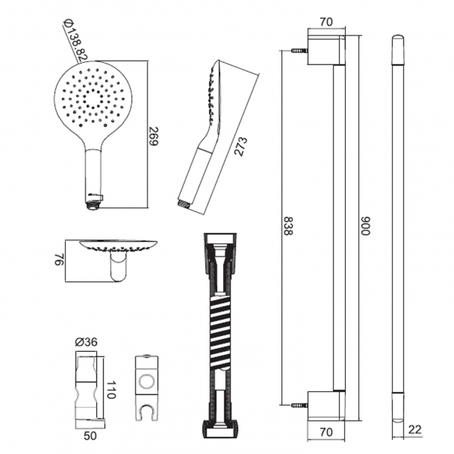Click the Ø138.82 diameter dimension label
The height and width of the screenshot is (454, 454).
[x=75, y=40]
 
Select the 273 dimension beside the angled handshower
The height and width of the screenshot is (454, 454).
[x=241, y=147]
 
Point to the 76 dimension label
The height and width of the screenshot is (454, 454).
[x=59, y=260]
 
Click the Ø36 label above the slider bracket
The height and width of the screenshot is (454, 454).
[x=86, y=342]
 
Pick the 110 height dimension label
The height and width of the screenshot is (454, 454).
[x=111, y=390]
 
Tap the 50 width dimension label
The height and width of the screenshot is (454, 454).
[x=90, y=436]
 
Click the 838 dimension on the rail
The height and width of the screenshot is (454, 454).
[x=288, y=226]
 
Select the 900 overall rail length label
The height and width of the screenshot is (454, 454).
[x=365, y=226]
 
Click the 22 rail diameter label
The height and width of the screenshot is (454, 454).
[x=414, y=429]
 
